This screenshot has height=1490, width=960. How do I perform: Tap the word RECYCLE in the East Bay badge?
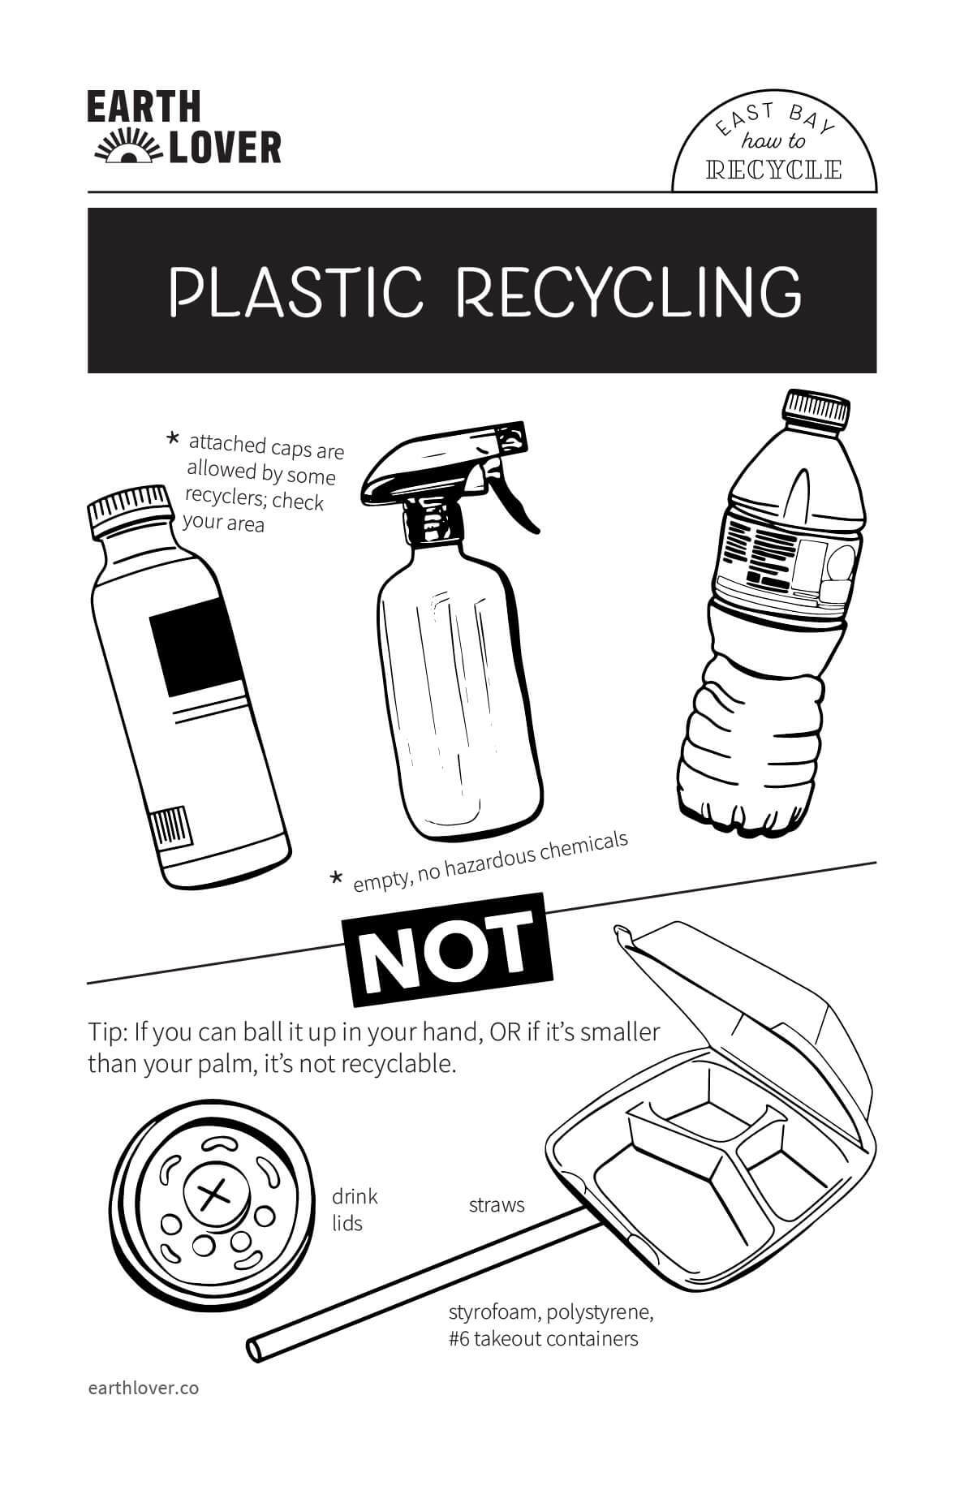click(774, 170)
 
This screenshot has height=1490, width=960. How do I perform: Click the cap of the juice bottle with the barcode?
click(130, 510)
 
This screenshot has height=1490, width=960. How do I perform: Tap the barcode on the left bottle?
click(171, 829)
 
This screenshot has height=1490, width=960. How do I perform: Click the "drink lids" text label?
click(355, 1209)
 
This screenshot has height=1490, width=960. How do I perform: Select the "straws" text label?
click(497, 1205)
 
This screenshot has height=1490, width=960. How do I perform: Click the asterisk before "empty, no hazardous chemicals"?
click(336, 877)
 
